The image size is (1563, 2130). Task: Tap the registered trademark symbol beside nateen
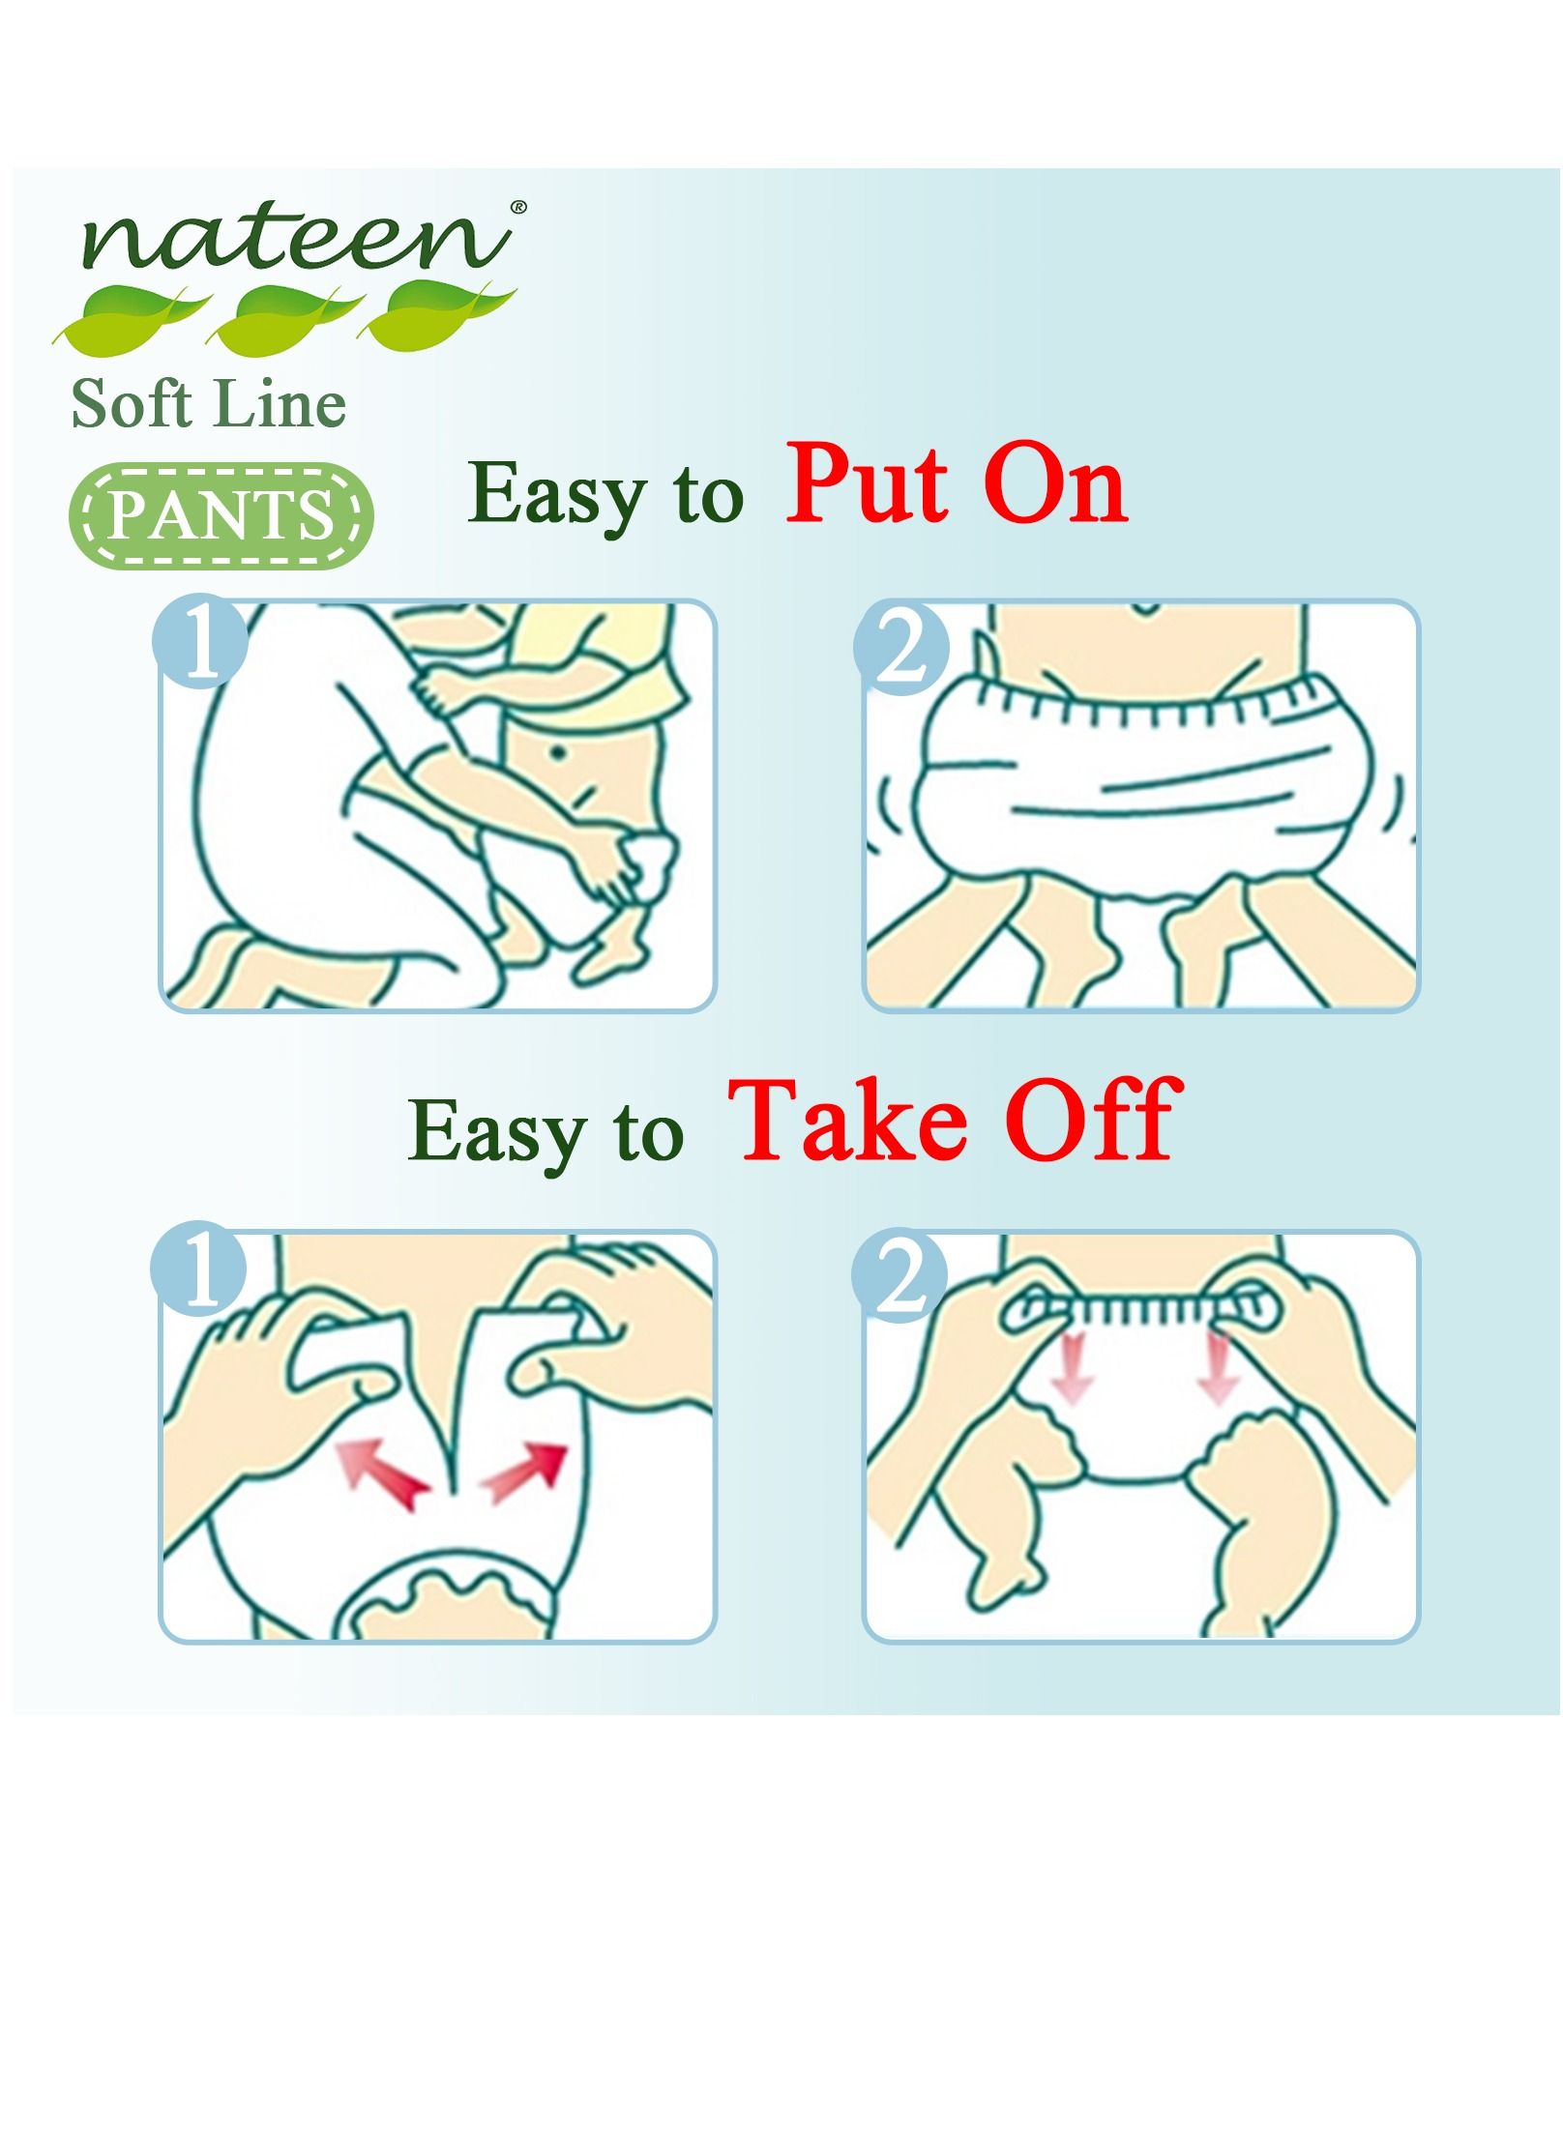coord(518,206)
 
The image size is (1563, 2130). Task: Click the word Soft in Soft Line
coord(130,403)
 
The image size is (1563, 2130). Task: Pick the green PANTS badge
coord(221,515)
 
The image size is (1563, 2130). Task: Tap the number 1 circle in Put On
coord(200,641)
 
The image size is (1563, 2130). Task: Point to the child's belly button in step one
coord(558,750)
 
